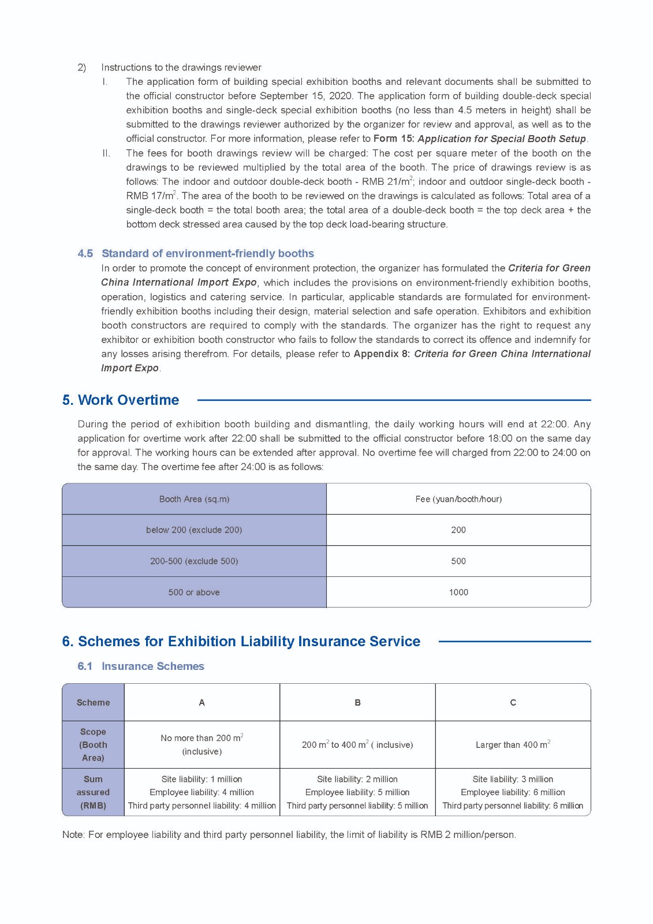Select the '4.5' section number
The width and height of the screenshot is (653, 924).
pyautogui.click(x=85, y=254)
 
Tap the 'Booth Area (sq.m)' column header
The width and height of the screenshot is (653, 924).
pyautogui.click(x=194, y=499)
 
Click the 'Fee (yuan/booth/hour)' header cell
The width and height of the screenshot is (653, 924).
pyautogui.click(x=458, y=499)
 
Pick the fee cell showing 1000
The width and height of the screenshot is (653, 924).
pyautogui.click(x=458, y=593)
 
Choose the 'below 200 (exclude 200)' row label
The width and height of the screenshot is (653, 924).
pyautogui.click(x=194, y=530)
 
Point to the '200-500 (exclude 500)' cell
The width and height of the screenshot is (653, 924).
pyautogui.click(x=194, y=561)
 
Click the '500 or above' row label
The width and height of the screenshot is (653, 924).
pyautogui.click(x=194, y=593)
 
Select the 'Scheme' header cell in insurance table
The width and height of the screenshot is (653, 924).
pyautogui.click(x=93, y=703)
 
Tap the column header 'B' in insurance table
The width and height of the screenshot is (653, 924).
pyautogui.click(x=357, y=703)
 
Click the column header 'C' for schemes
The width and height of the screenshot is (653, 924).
pyautogui.click(x=513, y=703)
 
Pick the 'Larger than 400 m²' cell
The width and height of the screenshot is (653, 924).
pyautogui.click(x=513, y=745)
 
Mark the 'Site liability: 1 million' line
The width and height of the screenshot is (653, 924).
pyautogui.click(x=202, y=780)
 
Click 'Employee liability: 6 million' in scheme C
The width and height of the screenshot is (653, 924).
pyautogui.click(x=513, y=792)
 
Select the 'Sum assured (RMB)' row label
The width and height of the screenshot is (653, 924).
pyautogui.click(x=93, y=792)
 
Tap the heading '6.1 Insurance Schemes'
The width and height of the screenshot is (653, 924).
pyautogui.click(x=141, y=666)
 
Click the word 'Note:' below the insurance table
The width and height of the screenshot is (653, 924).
pyautogui.click(x=73, y=835)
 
